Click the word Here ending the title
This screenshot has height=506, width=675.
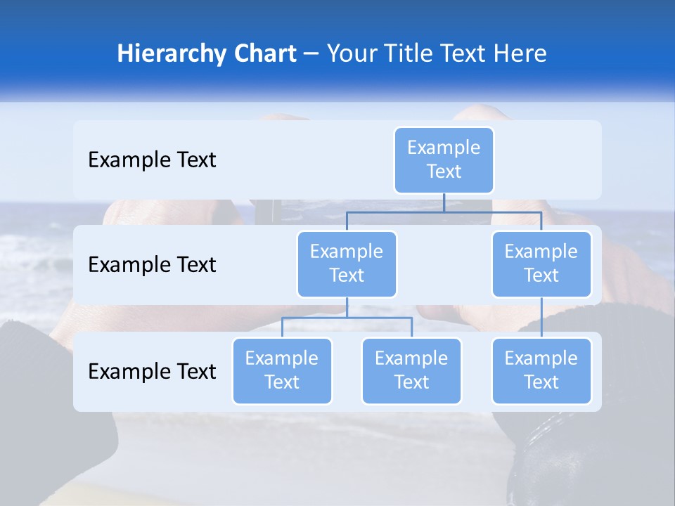(x=520, y=54)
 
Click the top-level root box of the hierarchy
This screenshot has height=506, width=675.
(x=444, y=160)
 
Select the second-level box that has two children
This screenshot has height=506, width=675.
(x=347, y=264)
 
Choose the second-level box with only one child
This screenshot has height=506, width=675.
(x=541, y=264)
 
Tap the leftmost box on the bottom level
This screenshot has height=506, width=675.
(x=282, y=370)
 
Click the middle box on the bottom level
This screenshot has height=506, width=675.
(x=411, y=370)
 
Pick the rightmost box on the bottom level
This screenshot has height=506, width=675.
(x=541, y=370)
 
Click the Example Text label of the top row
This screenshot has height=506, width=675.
(x=152, y=160)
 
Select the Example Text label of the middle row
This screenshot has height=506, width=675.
(x=152, y=265)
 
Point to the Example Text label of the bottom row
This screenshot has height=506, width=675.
(x=152, y=372)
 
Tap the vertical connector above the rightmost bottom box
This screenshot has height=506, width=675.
(x=541, y=318)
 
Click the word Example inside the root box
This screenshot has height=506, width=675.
(x=444, y=148)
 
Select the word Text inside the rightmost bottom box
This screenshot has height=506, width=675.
(x=541, y=382)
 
